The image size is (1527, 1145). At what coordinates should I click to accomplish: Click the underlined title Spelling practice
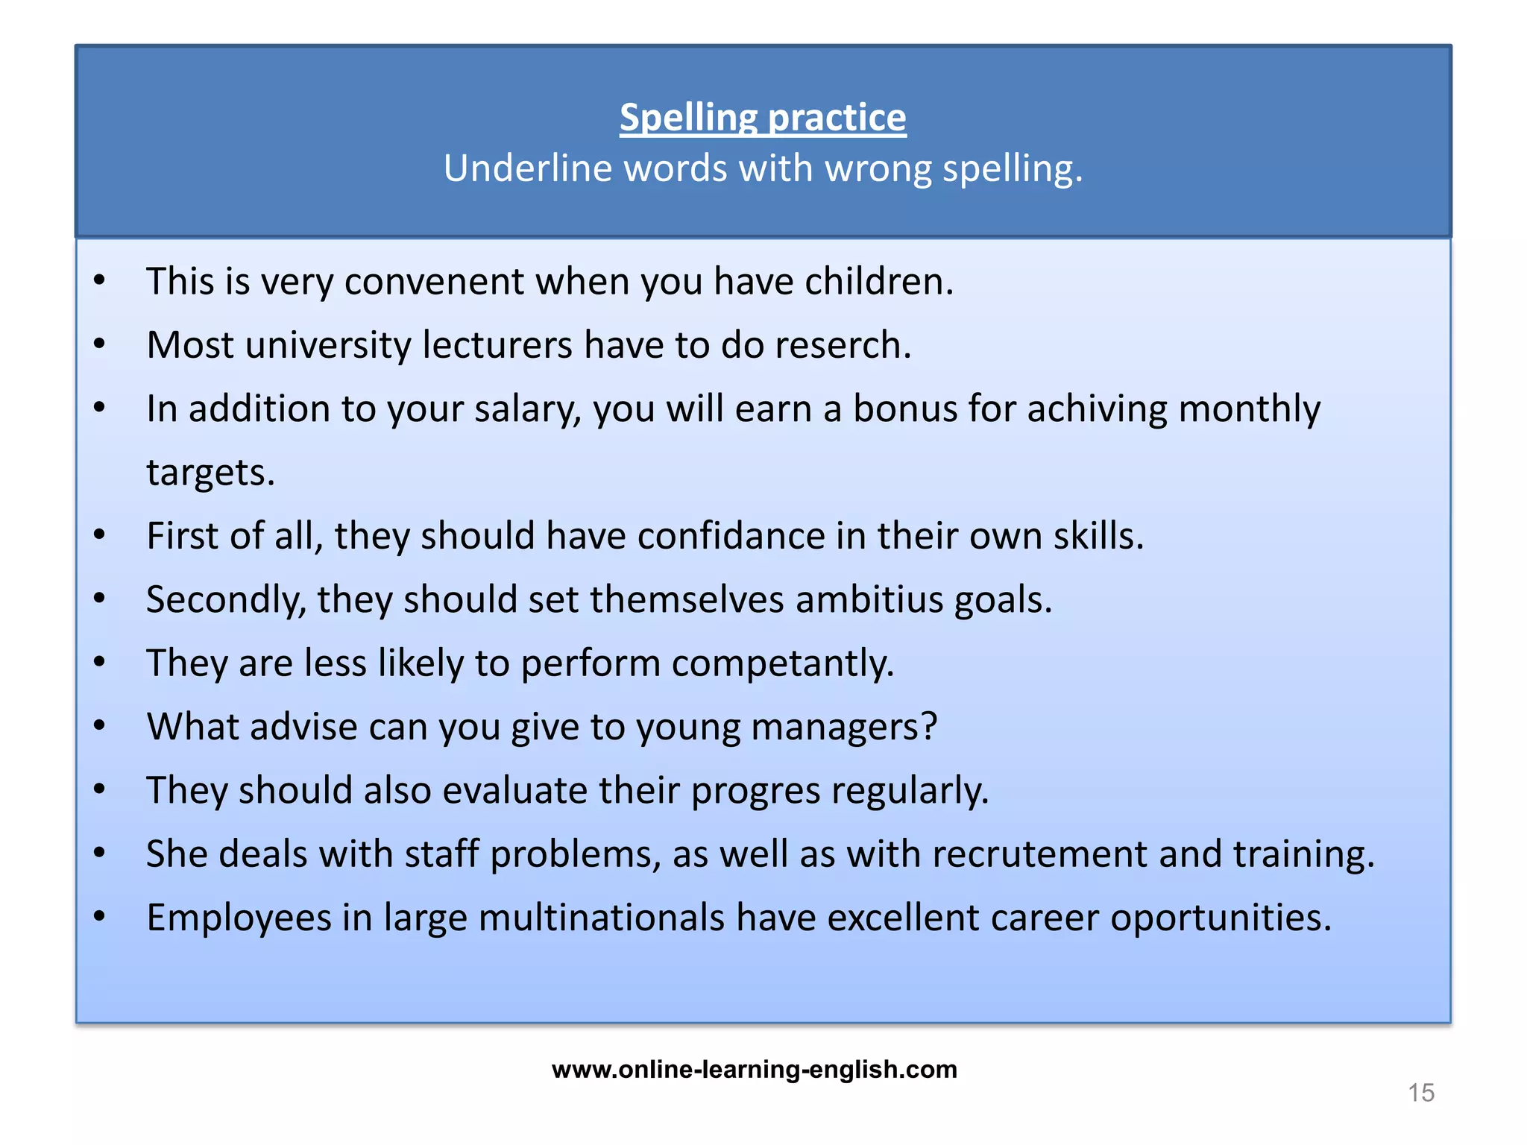click(763, 118)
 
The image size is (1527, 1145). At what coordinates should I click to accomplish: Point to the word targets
click(210, 473)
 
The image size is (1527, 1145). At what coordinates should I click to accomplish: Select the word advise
click(304, 727)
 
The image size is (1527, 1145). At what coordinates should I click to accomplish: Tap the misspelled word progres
click(755, 790)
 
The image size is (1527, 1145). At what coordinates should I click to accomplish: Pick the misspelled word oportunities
click(1220, 918)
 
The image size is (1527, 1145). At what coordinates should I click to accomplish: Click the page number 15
click(1421, 1093)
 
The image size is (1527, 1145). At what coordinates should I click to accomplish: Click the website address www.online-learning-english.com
click(755, 1070)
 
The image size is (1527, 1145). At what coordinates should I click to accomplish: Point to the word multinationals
click(601, 918)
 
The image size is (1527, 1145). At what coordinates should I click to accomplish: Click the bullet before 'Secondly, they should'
click(100, 599)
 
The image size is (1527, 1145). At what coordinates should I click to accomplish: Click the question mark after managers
click(929, 727)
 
